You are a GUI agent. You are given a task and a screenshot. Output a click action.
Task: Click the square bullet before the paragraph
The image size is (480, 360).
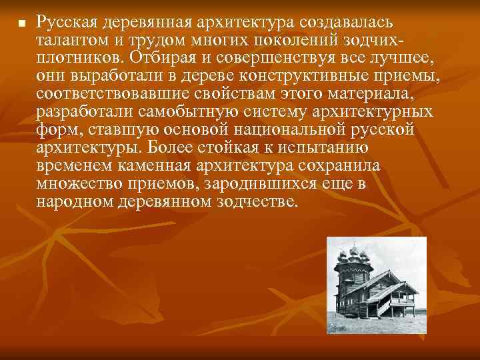click(21, 24)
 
